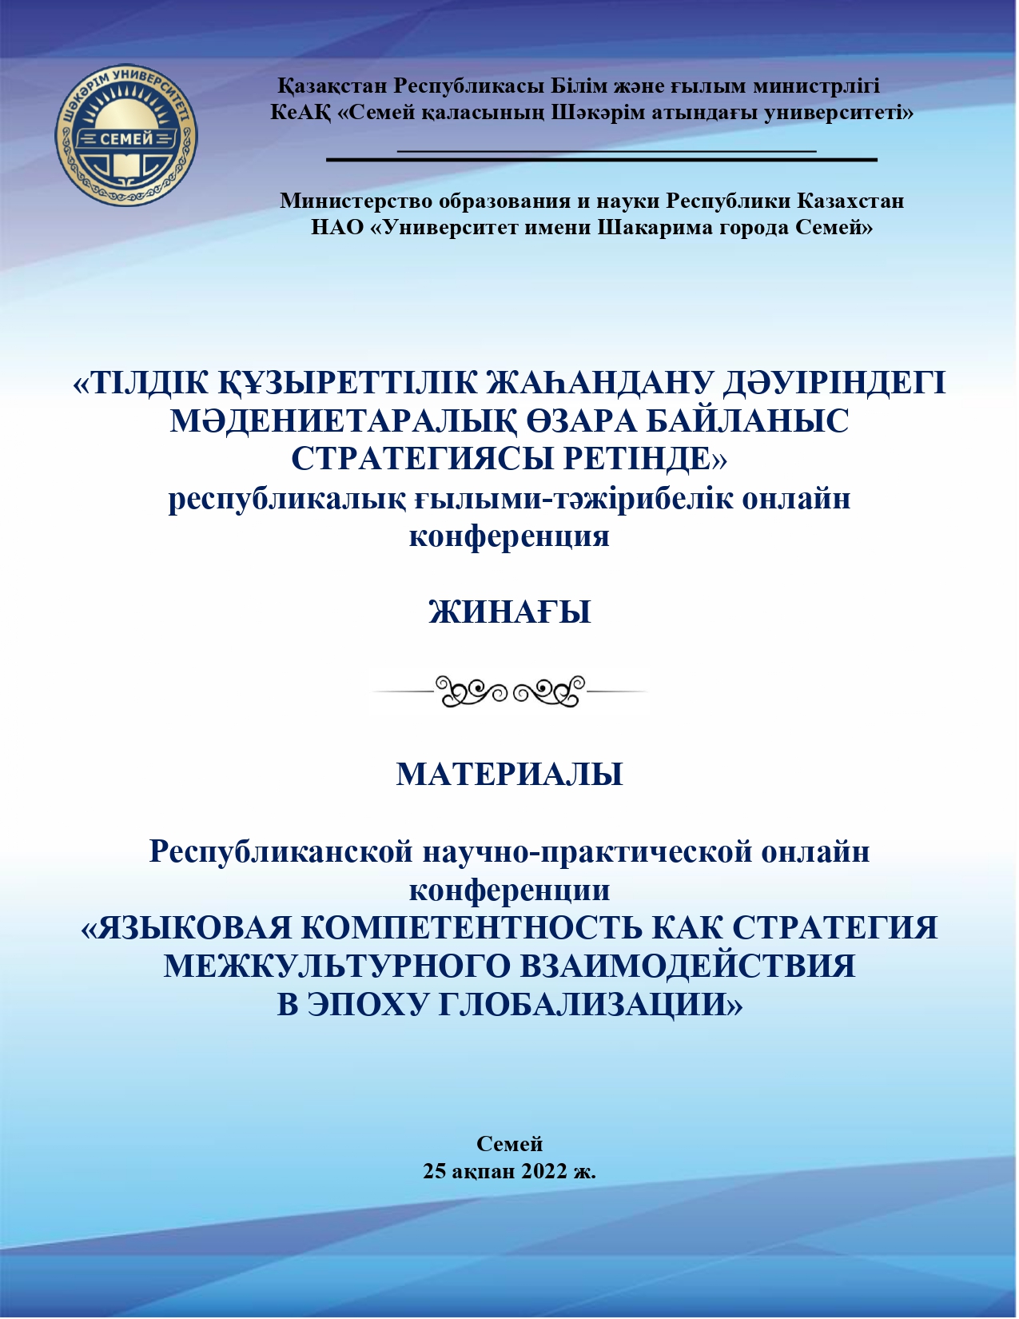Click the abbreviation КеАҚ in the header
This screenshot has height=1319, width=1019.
click(300, 112)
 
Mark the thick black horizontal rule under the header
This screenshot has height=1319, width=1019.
click(601, 160)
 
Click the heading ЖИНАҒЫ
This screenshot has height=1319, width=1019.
click(510, 612)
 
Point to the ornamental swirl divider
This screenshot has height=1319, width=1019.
click(510, 691)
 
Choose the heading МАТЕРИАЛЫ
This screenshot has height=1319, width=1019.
click(510, 775)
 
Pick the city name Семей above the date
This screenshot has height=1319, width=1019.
click(510, 1144)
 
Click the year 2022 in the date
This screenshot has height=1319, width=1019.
click(543, 1171)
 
